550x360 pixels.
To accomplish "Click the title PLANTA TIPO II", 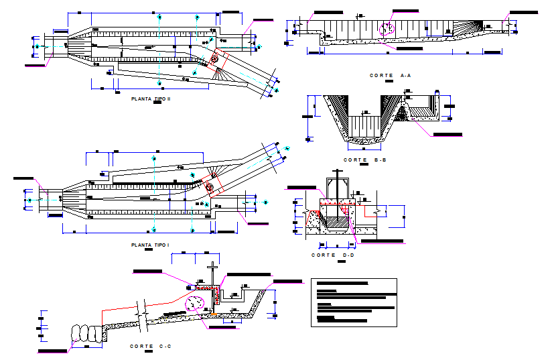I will [151, 99].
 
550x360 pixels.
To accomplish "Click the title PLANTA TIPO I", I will [151, 245].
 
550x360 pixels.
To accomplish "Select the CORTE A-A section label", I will [390, 76].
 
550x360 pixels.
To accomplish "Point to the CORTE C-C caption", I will [150, 346].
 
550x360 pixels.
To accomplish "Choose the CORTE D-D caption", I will [333, 255].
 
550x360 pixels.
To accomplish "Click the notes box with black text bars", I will [354, 302].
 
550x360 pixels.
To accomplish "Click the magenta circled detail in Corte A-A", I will [387, 29].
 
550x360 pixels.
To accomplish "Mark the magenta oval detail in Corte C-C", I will [194, 303].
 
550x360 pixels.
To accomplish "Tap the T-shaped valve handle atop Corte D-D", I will [337, 183].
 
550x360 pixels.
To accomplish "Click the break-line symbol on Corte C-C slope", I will [142, 312].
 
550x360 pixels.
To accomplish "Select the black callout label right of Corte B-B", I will [447, 135].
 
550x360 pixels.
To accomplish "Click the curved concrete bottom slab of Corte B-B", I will [362, 141].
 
